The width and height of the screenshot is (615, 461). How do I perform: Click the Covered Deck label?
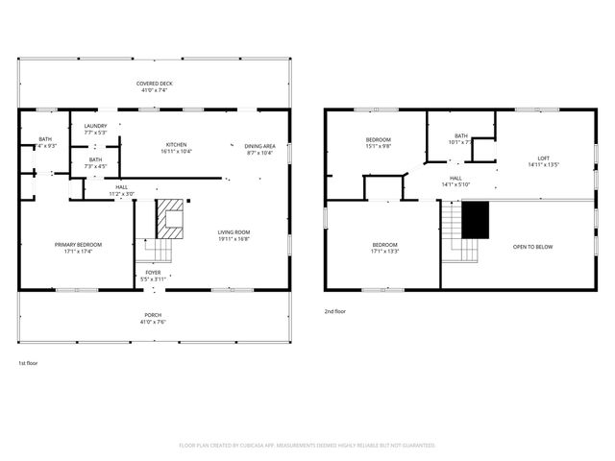154,86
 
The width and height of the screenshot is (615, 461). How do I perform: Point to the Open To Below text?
533,247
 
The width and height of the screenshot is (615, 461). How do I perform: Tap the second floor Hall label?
455,181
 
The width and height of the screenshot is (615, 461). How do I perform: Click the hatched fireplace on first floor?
170,218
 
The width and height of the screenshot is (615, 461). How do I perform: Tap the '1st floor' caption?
30,363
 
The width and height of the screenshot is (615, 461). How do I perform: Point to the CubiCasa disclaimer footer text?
307,446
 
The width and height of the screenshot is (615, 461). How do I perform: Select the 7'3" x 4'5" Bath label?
95,163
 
